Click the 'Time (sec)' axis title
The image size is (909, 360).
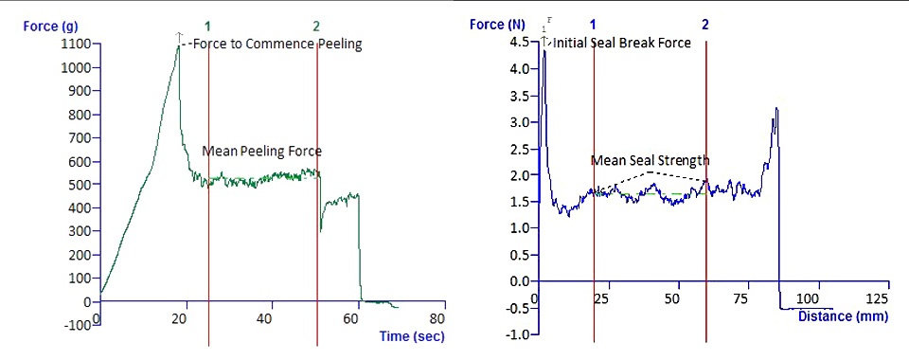click(x=412, y=336)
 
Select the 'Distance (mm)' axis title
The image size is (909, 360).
click(x=843, y=316)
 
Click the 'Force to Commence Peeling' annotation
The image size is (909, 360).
click(x=276, y=44)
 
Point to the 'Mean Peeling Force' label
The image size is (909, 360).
click(x=261, y=151)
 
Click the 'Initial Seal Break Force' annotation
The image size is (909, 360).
click(x=622, y=43)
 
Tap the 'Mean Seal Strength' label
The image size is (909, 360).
click(x=650, y=160)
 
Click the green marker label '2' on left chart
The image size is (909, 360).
click(x=316, y=26)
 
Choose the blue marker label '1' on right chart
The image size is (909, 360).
click(x=593, y=24)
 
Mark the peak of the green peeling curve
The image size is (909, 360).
click(x=178, y=44)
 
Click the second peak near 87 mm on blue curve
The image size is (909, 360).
click(x=776, y=109)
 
